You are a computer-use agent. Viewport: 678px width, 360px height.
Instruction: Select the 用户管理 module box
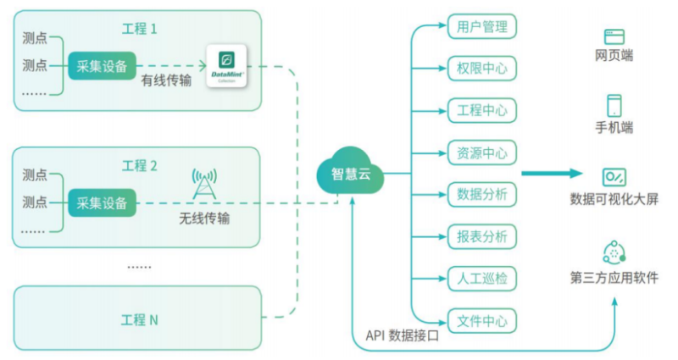click(x=481, y=26)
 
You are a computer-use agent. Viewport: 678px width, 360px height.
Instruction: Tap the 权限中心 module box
click(x=481, y=69)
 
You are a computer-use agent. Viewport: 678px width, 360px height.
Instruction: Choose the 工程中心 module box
click(x=481, y=111)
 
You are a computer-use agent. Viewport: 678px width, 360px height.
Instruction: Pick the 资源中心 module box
click(x=481, y=153)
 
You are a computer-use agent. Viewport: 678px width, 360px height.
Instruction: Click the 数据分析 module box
click(x=481, y=195)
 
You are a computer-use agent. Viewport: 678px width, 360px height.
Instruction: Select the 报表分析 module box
click(x=481, y=237)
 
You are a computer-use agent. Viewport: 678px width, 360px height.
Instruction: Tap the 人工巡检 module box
click(x=481, y=279)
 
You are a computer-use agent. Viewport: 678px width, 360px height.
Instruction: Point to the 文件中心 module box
click(x=481, y=321)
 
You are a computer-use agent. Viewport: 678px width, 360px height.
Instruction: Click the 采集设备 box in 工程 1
click(x=102, y=65)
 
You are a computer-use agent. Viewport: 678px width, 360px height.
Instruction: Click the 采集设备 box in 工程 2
click(x=102, y=202)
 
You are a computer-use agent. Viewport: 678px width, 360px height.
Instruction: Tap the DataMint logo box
click(x=226, y=65)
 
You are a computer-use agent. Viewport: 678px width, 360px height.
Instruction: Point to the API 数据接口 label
click(x=403, y=335)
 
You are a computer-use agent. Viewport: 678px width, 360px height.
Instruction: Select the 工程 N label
click(x=140, y=320)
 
